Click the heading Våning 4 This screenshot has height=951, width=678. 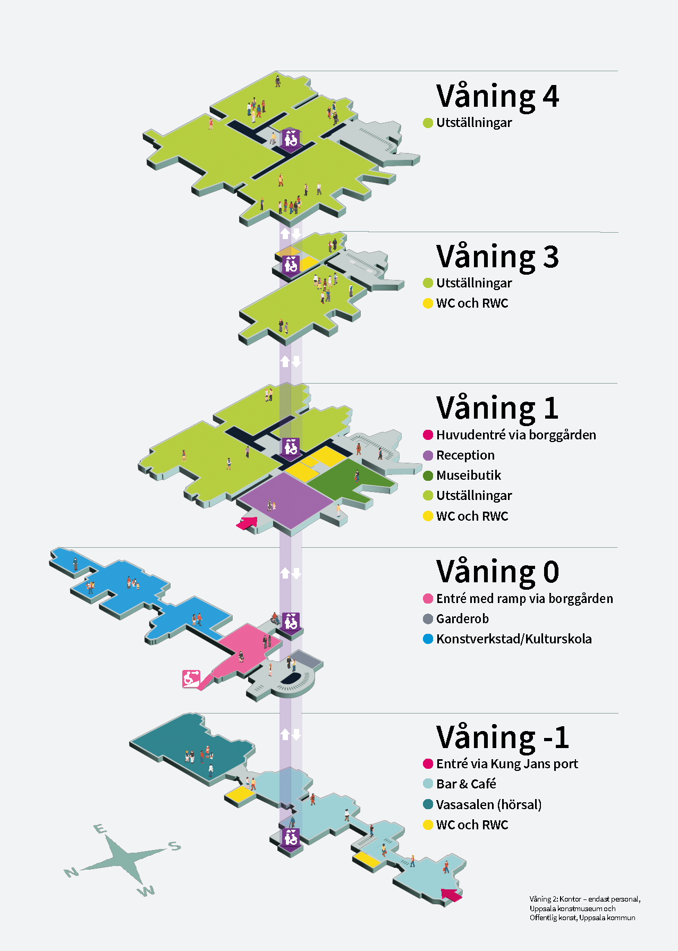(x=497, y=97)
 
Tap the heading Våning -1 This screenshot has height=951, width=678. (x=503, y=737)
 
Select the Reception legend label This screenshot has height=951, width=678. (x=465, y=455)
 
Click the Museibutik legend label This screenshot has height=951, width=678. (x=469, y=475)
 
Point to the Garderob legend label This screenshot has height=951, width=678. (x=462, y=619)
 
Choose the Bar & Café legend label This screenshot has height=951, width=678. (x=466, y=784)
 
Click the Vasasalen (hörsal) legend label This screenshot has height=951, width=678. (x=489, y=805)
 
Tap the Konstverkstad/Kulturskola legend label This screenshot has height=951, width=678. (x=514, y=639)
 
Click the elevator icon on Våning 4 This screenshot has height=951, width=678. (x=290, y=139)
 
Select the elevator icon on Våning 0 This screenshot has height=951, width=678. (x=291, y=622)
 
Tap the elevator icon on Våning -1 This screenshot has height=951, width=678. (x=290, y=838)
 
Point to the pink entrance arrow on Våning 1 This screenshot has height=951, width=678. (x=247, y=524)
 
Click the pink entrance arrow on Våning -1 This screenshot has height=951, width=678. (x=451, y=895)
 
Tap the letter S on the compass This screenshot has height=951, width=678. (x=174, y=846)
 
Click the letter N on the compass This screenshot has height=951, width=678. (x=71, y=872)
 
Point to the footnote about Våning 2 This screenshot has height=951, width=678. (x=584, y=908)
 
